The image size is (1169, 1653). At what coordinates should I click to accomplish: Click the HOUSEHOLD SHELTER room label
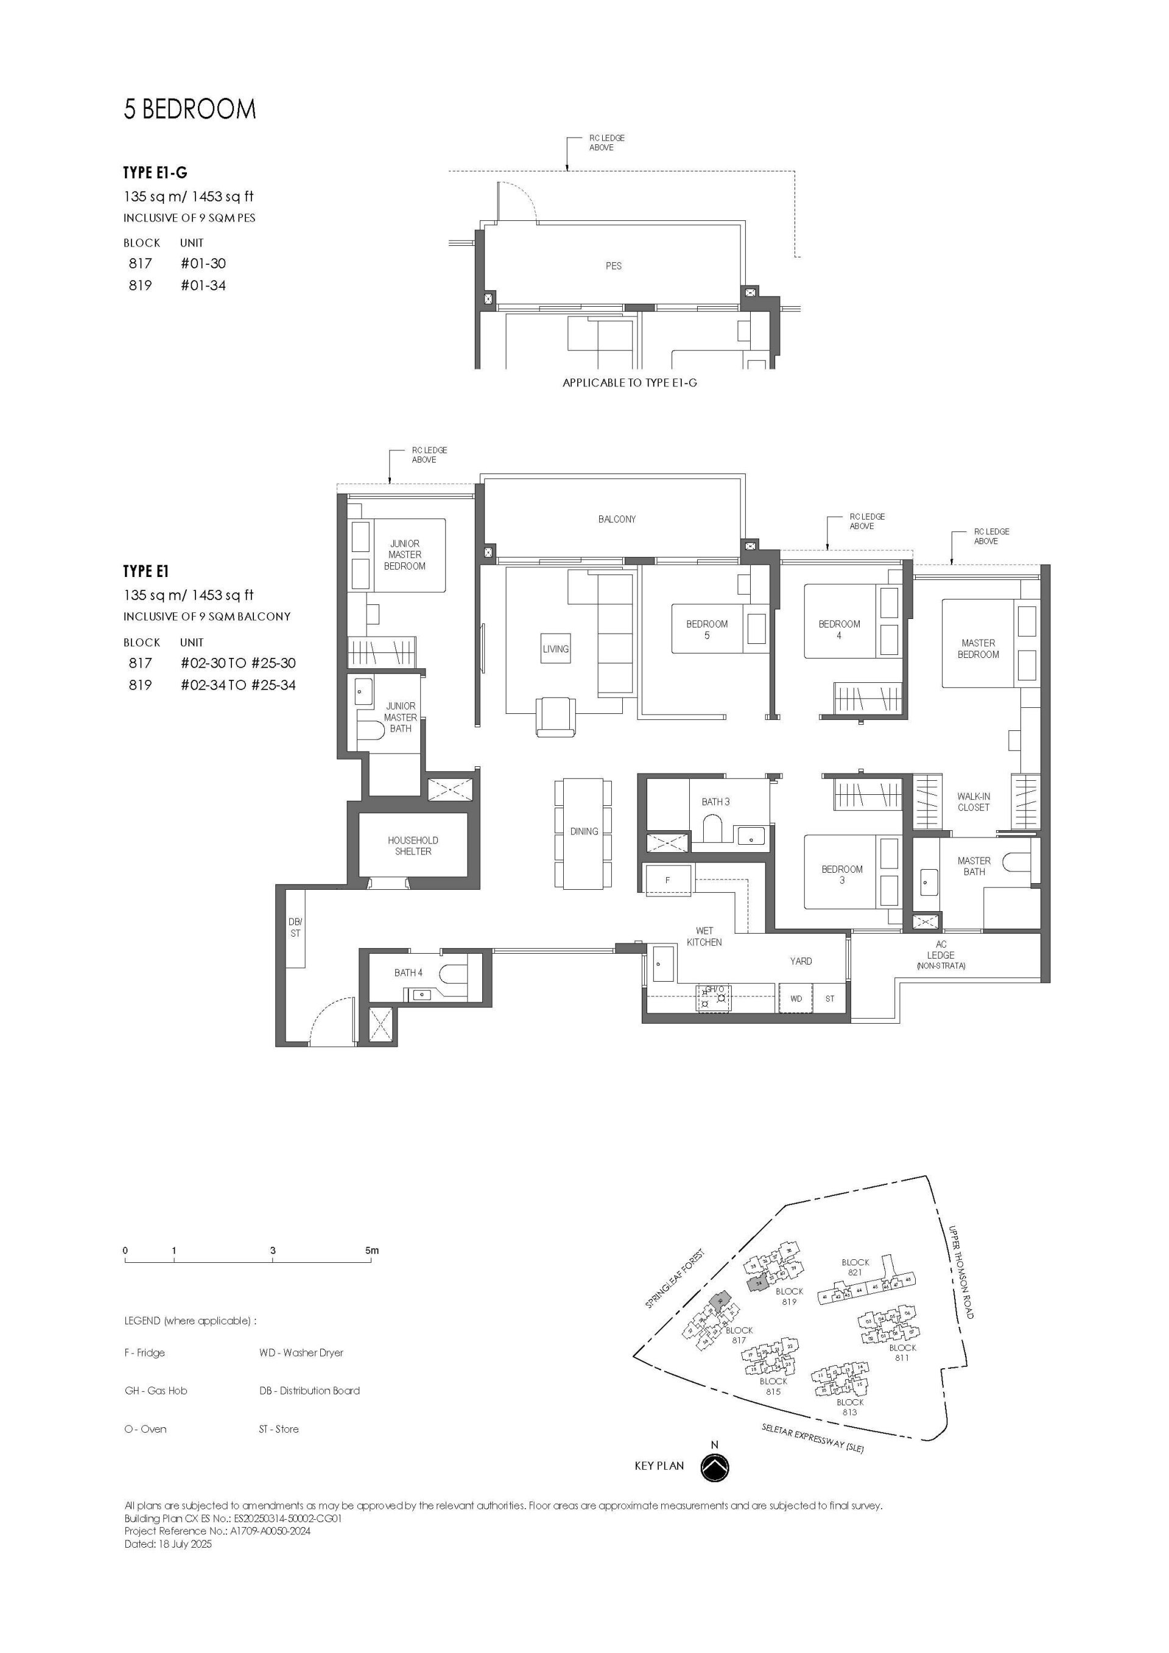[413, 845]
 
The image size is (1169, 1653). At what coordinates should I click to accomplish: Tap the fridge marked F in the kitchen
[668, 881]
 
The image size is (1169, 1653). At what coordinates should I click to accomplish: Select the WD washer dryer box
[795, 999]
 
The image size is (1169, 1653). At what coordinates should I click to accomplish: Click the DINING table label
[583, 831]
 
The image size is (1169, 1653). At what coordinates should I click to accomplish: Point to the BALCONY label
[617, 519]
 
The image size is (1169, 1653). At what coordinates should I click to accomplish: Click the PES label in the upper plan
[613, 265]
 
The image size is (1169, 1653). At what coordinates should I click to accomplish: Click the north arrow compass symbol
[715, 1467]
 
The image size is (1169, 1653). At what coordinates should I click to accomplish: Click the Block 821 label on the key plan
[855, 1267]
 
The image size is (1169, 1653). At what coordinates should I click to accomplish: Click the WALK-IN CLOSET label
[973, 802]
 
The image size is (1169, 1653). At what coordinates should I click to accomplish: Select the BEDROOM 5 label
[707, 629]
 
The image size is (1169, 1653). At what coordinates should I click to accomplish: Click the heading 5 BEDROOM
[190, 109]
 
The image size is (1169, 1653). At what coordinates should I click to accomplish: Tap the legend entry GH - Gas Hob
[156, 1390]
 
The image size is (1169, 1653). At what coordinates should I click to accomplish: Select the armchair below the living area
[555, 716]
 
